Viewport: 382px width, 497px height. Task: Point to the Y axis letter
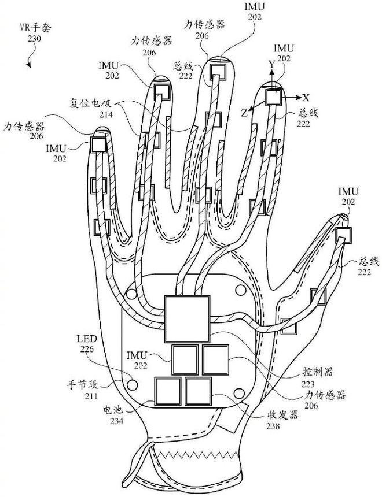coord(270,65)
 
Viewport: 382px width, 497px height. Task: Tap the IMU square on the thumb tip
coord(344,235)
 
